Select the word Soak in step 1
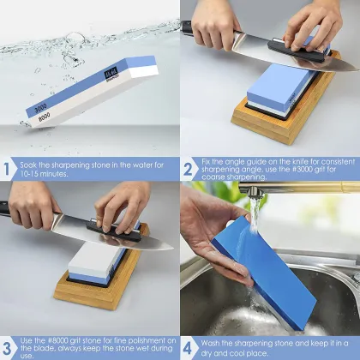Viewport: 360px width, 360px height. [x=33, y=163]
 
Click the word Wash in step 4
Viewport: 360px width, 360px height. [x=214, y=342]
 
